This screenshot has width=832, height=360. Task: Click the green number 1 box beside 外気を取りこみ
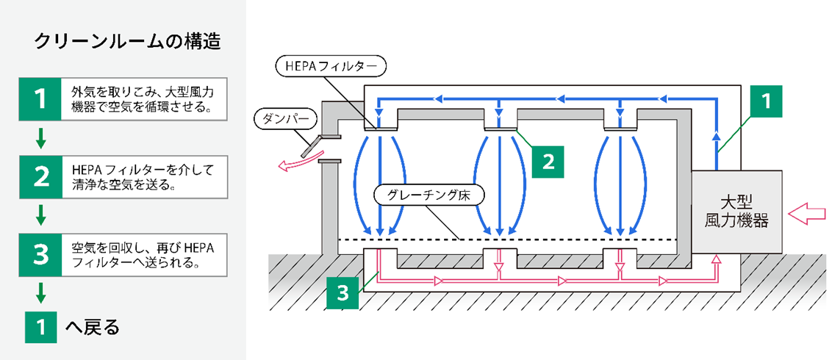coord(41,98)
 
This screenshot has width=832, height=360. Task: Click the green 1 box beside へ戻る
coord(41,326)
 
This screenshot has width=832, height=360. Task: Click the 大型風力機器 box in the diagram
coord(738,211)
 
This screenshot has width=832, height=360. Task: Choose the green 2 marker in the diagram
coord(546,159)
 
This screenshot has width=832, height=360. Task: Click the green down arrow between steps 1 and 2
coord(41,137)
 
